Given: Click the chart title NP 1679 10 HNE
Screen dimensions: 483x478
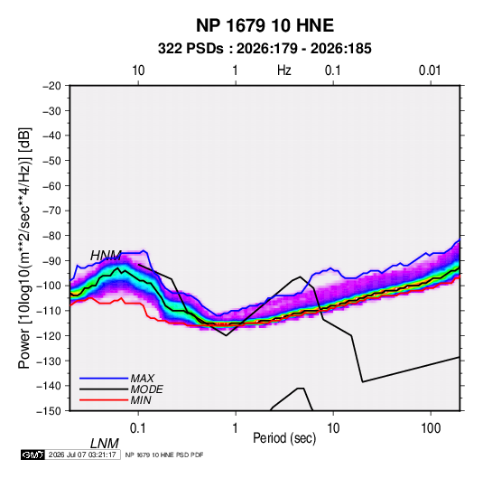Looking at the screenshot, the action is pos(265,25).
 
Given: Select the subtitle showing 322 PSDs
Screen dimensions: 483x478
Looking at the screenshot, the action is pos(265,49).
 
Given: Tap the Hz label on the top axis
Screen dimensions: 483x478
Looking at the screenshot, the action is pos(284,70).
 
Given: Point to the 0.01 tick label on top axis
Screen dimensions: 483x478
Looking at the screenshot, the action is pos(430,70).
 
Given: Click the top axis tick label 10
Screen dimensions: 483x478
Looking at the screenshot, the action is pos(138,70).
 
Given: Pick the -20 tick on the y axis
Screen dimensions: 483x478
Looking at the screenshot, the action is pos(51,86).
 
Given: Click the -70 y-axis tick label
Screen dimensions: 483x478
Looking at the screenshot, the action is pos(51,211).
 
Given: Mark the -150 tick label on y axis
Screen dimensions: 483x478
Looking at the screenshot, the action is pos(49,410).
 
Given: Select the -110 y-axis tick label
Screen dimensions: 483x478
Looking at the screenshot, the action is pos(49,311).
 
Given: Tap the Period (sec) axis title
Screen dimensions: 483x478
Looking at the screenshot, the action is pos(284,438).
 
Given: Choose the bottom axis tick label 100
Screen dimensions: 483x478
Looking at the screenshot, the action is pos(431,428).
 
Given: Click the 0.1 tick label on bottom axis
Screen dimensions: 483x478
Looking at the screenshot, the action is pos(138,428).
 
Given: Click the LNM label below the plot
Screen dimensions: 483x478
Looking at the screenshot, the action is pos(105,444).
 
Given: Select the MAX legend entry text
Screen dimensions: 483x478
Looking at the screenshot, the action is pos(142,378).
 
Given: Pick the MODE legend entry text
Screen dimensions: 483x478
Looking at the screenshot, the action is pos(146,389).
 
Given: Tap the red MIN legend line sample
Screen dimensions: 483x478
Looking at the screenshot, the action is pos(104,400).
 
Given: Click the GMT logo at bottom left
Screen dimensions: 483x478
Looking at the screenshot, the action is pos(33,455).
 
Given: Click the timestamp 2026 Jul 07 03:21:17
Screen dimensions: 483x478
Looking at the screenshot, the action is pos(82,455).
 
